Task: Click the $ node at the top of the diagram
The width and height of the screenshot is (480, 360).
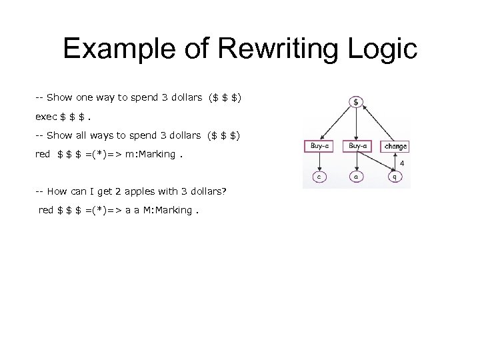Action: pos(356,102)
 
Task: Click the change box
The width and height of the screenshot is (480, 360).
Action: pos(394,146)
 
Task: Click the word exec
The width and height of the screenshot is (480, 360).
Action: pos(46,117)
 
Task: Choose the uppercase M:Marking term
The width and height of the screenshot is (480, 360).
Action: pos(167,210)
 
